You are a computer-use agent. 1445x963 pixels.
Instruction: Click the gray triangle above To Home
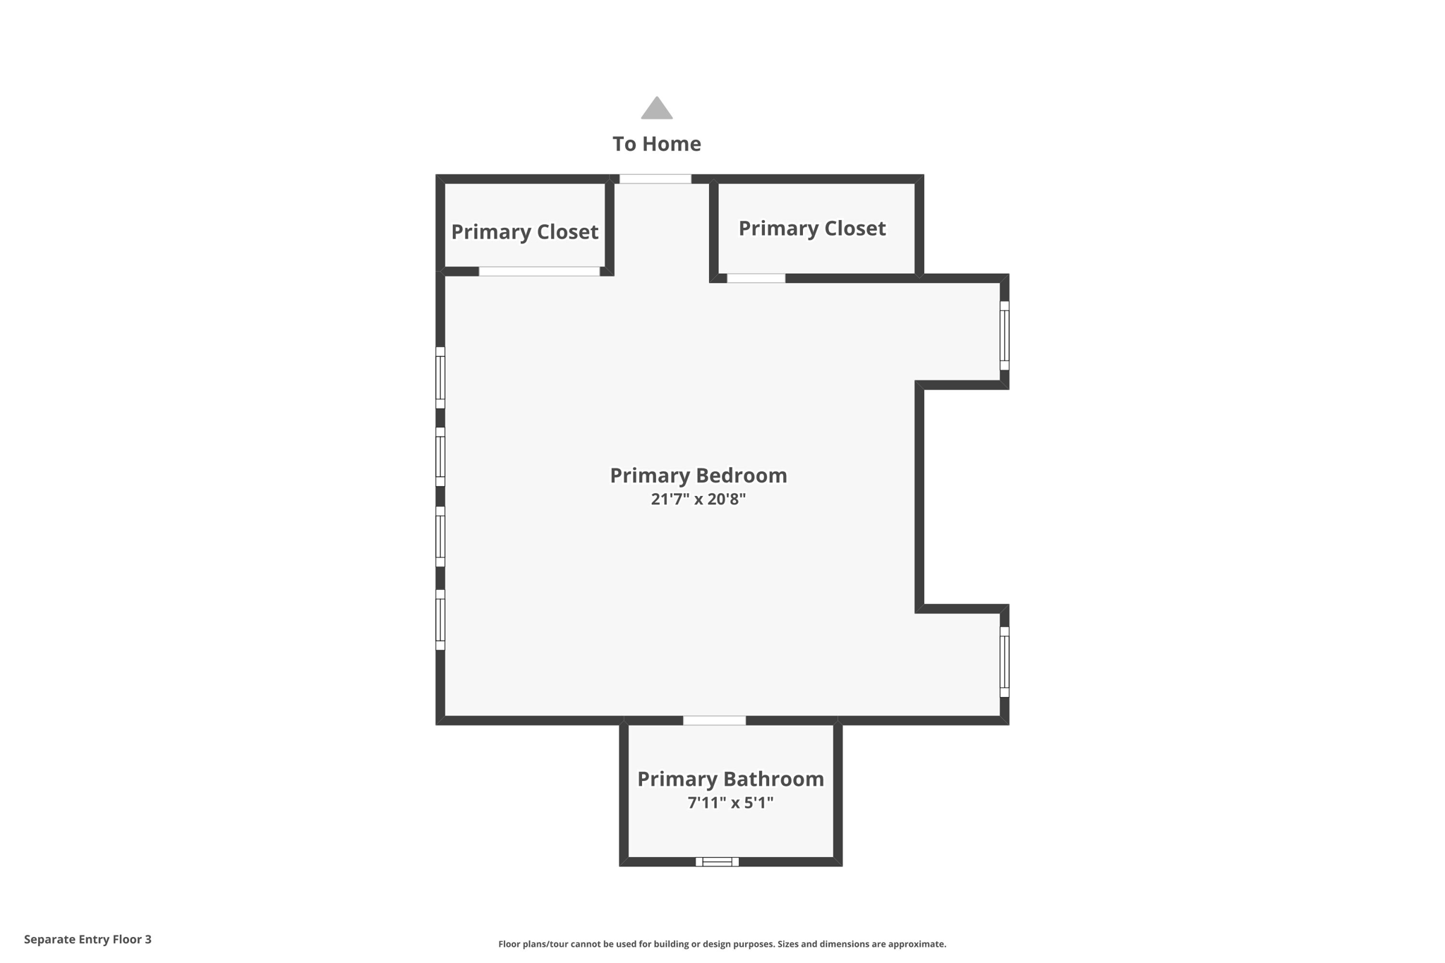(656, 109)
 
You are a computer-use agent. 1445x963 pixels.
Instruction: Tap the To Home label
(656, 144)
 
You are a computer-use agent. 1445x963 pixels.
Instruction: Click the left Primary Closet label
(524, 232)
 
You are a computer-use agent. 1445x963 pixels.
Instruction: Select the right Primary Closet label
(811, 229)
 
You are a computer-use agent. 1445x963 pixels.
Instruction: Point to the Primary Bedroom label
(698, 476)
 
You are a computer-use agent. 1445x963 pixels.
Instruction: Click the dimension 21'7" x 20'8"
(698, 499)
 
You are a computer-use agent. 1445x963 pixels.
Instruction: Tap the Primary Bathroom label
(730, 779)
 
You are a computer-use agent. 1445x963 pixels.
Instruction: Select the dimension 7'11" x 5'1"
(730, 803)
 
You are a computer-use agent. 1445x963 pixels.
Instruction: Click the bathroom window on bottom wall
(717, 861)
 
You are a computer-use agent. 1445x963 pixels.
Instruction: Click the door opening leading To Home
(655, 179)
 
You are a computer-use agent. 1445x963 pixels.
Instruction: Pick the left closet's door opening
(539, 272)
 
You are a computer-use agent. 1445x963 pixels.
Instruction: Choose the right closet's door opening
(756, 279)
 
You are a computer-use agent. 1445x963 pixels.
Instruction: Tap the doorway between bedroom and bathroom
(714, 720)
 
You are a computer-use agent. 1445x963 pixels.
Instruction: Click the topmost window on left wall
(440, 377)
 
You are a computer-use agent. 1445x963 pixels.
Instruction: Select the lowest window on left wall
(440, 619)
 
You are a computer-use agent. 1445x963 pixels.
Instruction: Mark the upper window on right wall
(1004, 336)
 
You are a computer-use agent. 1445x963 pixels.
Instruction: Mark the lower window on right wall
(1004, 662)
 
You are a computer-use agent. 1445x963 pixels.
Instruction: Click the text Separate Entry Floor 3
(87, 939)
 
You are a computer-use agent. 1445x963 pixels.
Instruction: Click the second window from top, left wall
(440, 456)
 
